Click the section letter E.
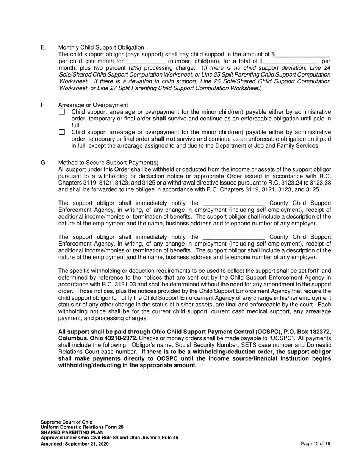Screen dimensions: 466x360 coord(43,47)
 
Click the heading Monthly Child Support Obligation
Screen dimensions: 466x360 coord(101,47)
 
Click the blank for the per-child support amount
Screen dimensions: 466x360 coord(303,55)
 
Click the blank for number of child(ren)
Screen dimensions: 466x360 coord(146,61)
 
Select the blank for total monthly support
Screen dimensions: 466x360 coord(291,61)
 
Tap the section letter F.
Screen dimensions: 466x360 coord(43,105)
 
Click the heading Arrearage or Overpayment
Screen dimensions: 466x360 coord(93,105)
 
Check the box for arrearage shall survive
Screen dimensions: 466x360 coord(62,112)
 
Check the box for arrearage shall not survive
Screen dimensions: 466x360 coord(62,132)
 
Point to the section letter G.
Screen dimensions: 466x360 coord(44,163)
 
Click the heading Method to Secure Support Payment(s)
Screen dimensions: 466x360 coord(108,163)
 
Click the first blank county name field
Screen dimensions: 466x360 coord(233,203)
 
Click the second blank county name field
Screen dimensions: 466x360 coord(233,237)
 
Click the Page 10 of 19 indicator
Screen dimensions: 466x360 coord(315,444)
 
